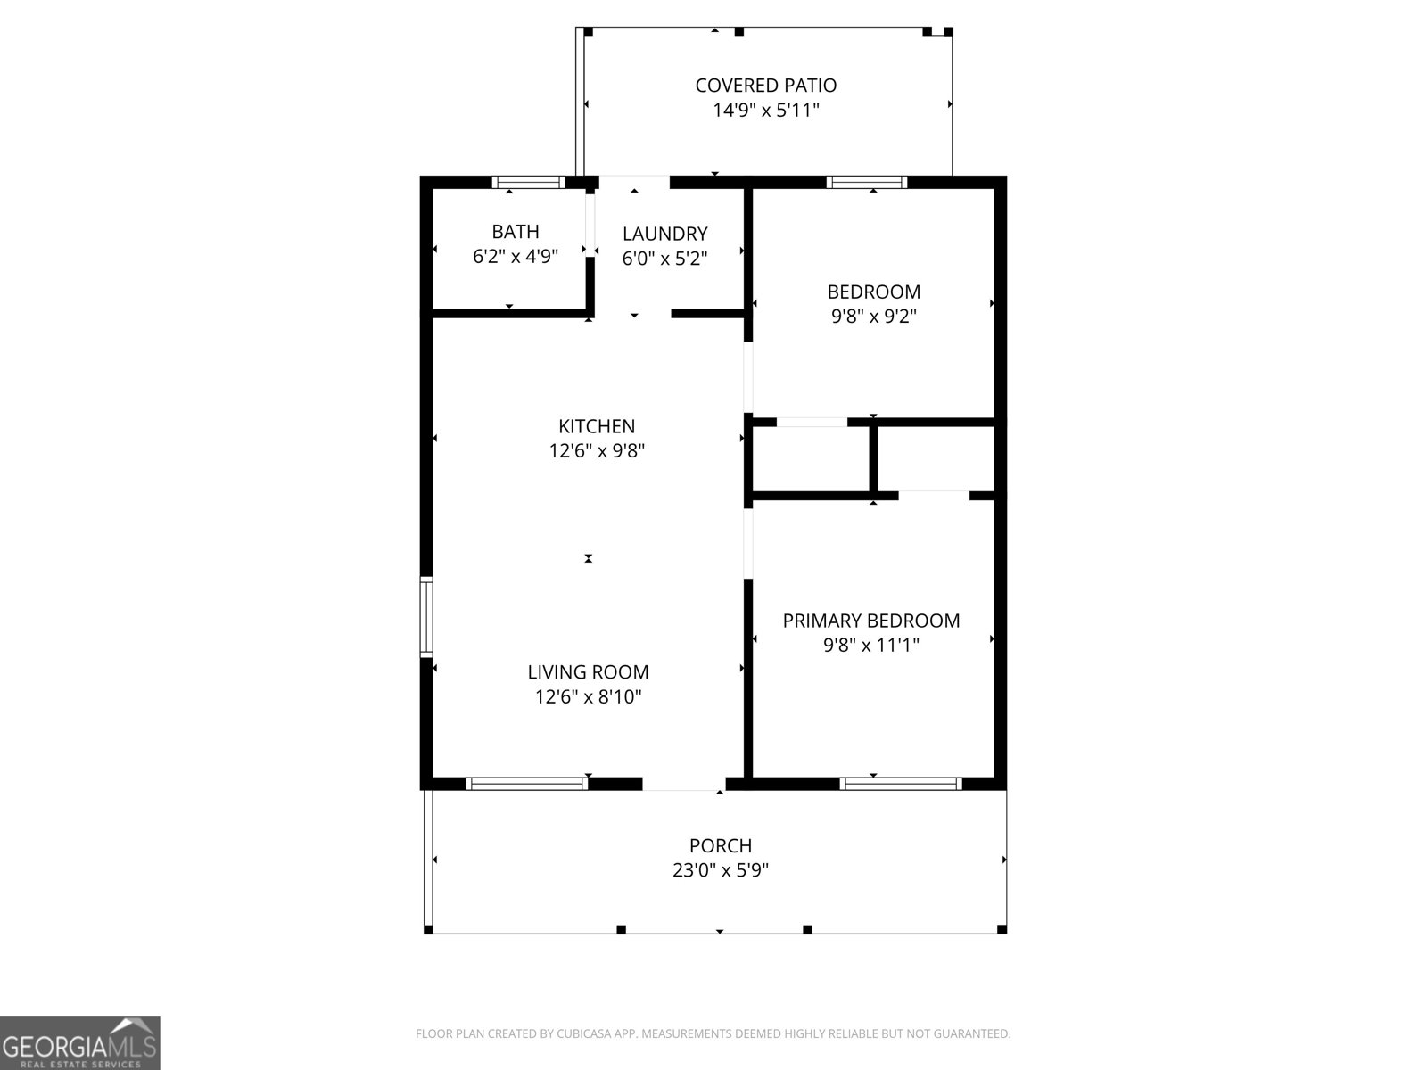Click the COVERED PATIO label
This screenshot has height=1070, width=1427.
pyautogui.click(x=765, y=86)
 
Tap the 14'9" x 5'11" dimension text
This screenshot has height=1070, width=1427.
pyautogui.click(x=765, y=111)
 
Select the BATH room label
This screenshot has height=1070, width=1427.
pyautogui.click(x=516, y=232)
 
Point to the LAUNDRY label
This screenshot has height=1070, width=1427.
pyautogui.click(x=664, y=234)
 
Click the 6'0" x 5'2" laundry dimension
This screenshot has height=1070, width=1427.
pyautogui.click(x=664, y=259)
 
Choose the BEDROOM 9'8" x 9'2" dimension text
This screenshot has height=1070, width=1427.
pyautogui.click(x=873, y=317)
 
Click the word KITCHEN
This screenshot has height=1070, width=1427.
pyautogui.click(x=597, y=426)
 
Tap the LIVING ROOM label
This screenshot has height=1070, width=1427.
pyautogui.click(x=588, y=672)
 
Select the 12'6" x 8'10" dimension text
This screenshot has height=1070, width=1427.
pyautogui.click(x=588, y=697)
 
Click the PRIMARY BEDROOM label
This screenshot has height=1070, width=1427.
pyautogui.click(x=871, y=621)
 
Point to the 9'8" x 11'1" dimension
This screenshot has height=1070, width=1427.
pyautogui.click(x=871, y=646)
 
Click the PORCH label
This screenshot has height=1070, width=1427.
pyautogui.click(x=720, y=845)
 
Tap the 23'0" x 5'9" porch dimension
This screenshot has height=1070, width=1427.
pyautogui.click(x=720, y=870)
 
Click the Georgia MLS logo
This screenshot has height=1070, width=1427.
pyautogui.click(x=79, y=1043)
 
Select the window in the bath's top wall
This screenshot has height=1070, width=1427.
pyautogui.click(x=528, y=182)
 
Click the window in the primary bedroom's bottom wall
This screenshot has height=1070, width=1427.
pyautogui.click(x=901, y=784)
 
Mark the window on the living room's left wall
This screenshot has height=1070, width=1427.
pyautogui.click(x=426, y=617)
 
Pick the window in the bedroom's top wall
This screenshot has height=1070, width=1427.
pyautogui.click(x=866, y=182)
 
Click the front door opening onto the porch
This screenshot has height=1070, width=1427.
pyautogui.click(x=684, y=785)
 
